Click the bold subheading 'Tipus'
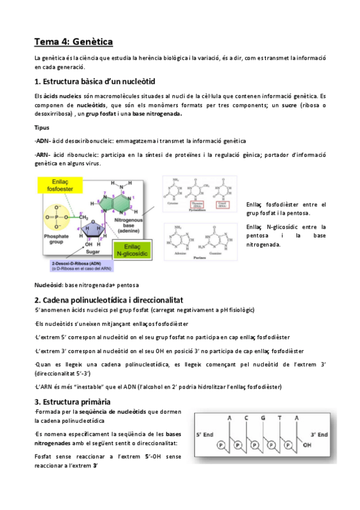42,128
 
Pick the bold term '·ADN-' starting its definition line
43,141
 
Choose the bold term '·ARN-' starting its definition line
43,155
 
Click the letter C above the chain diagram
245,418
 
